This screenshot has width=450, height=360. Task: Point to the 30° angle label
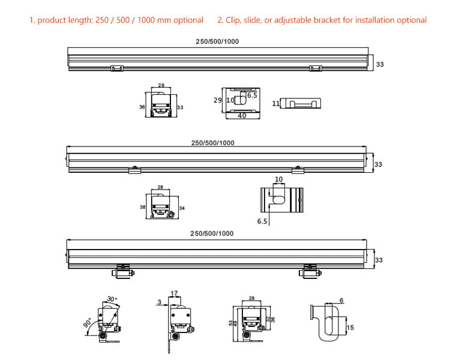112,299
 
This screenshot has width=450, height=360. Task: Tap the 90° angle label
88,323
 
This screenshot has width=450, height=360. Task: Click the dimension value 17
175,293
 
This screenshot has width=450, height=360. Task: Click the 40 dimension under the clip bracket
242,116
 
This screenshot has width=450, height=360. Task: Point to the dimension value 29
217,100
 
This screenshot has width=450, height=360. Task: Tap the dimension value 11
275,104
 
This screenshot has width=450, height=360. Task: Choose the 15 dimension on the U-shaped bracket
350,328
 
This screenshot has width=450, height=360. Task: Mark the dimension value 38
142,206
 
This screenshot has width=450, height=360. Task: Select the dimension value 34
182,208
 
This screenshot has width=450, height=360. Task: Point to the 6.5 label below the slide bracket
262,221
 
